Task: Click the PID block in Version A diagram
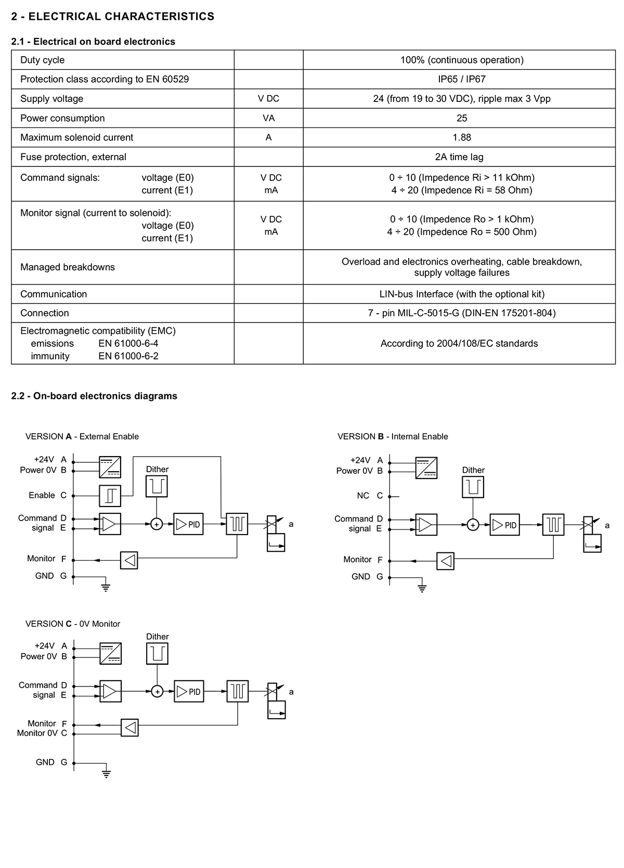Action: click(188, 524)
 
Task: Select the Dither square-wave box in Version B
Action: click(473, 487)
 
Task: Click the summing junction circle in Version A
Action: click(157, 524)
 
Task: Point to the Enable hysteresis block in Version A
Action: click(110, 496)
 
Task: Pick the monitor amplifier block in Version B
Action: click(446, 561)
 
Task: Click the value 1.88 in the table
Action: click(462, 137)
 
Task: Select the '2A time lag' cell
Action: click(459, 157)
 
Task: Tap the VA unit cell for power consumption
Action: click(268, 118)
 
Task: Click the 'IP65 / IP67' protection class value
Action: click(462, 79)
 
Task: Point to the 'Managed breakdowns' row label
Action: click(68, 267)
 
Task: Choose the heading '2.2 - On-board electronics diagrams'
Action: click(94, 396)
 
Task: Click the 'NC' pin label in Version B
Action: click(363, 496)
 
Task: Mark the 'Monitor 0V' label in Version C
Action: click(37, 733)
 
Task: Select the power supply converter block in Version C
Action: click(110, 653)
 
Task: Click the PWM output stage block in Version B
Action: click(553, 525)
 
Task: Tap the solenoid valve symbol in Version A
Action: click(276, 534)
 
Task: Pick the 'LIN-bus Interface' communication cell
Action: click(462, 294)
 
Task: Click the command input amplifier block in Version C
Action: click(110, 691)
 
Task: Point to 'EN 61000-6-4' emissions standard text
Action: click(128, 343)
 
